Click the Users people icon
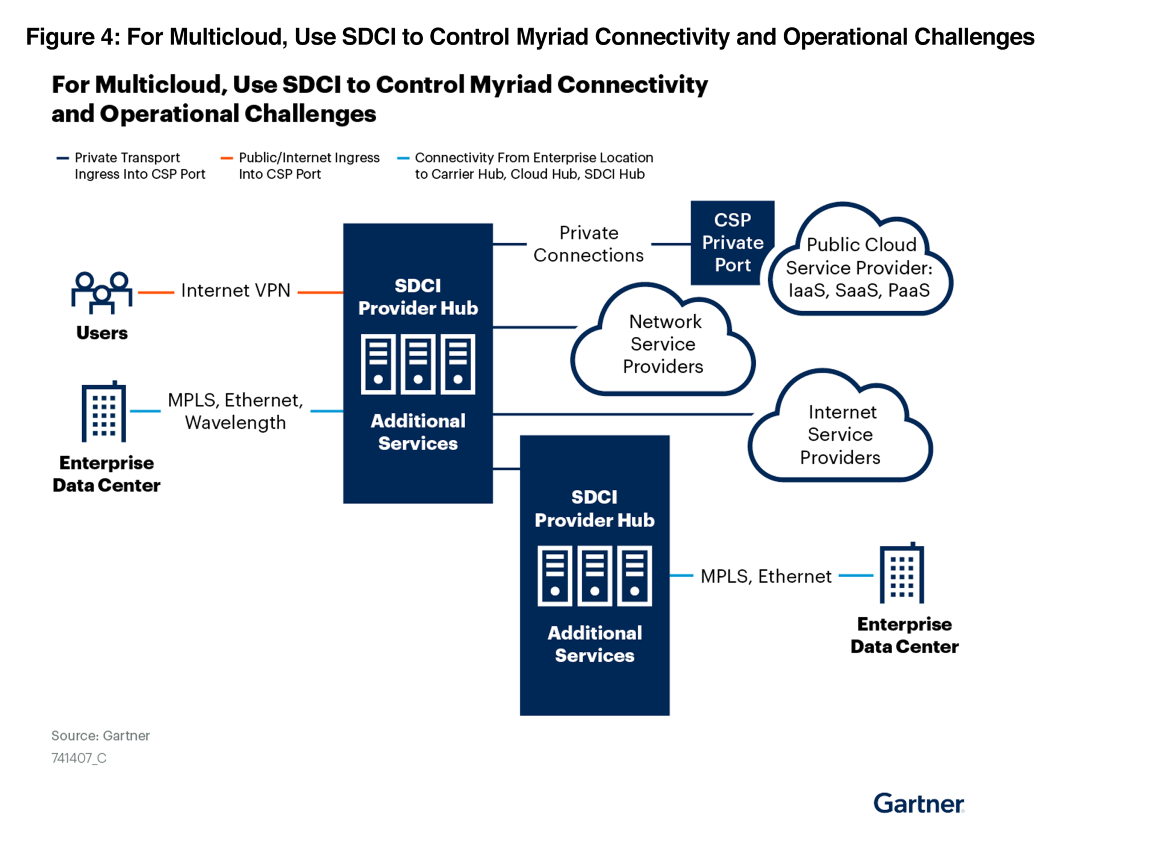[102, 292]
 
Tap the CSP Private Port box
[732, 243]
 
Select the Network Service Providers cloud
[663, 345]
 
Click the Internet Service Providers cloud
[840, 434]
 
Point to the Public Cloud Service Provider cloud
[860, 267]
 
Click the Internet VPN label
[235, 291]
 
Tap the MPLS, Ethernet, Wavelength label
[235, 411]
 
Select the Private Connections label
[588, 244]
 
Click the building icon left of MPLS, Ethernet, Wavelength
[103, 412]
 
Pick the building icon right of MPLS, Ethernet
[901, 573]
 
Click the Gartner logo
[918, 803]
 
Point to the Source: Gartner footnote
[100, 735]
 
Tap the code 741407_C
[79, 758]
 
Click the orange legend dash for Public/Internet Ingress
[227, 158]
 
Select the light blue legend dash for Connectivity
[403, 158]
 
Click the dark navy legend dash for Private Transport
[62, 158]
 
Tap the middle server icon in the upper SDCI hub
[418, 364]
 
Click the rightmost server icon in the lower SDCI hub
[634, 576]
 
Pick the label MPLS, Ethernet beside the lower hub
[765, 576]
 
